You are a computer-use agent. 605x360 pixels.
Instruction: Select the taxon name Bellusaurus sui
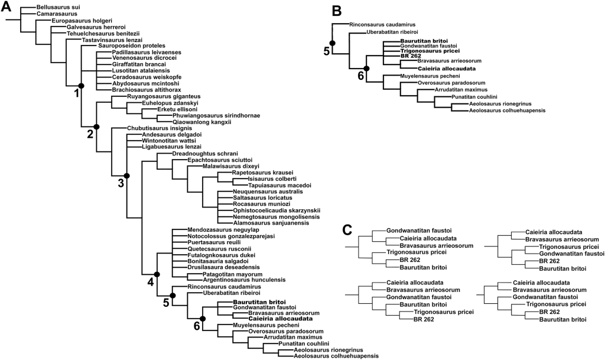tap(59, 7)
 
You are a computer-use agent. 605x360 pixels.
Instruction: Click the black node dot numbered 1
tap(82, 86)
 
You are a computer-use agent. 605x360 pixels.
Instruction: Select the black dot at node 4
tap(157, 274)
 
